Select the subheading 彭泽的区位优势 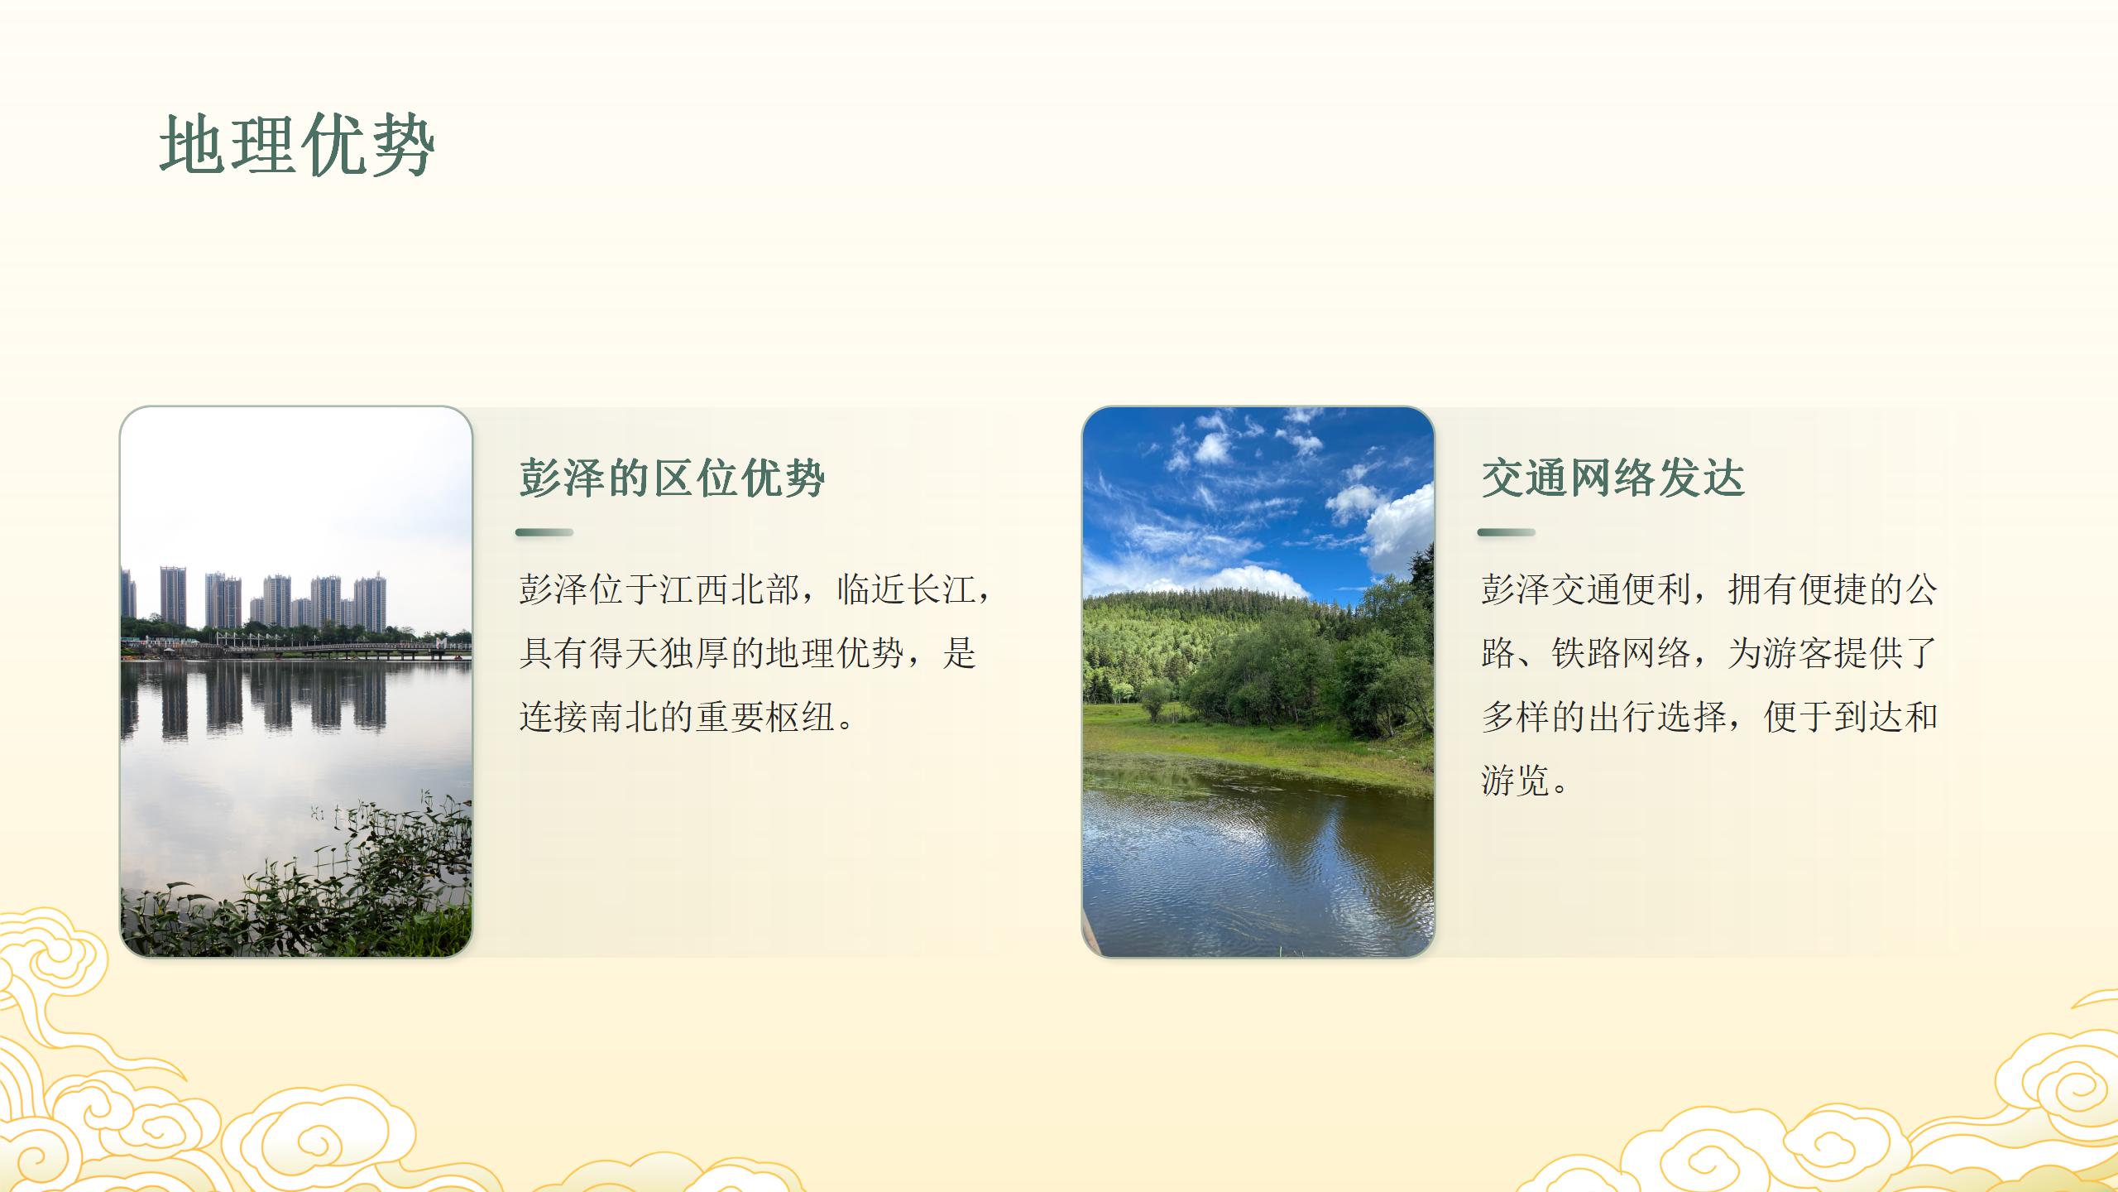click(672, 478)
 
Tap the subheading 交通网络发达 click(1612, 478)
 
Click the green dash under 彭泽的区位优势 click(544, 532)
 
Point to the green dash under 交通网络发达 click(1506, 532)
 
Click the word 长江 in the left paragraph click(942, 589)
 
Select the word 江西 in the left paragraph click(695, 589)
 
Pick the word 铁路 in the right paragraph click(1585, 653)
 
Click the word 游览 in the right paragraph click(1515, 781)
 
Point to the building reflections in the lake click(273, 704)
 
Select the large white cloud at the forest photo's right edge click(1402, 530)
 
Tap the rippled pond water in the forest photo click(1258, 869)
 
